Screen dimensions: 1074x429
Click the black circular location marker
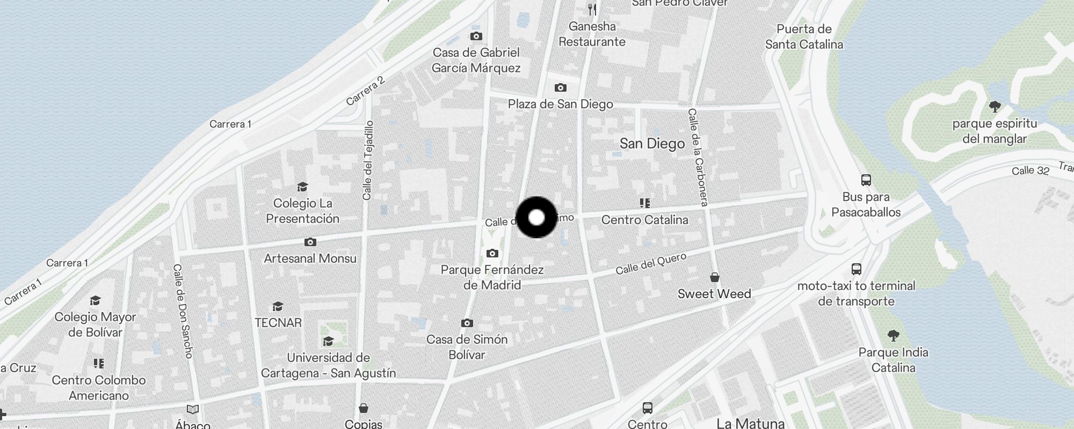coord(536,217)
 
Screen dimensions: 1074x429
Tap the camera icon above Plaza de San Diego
coord(560,87)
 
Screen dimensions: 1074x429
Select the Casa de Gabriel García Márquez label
coord(476,60)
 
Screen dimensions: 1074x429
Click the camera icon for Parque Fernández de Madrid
coord(492,253)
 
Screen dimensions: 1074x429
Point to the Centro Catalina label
coord(644,220)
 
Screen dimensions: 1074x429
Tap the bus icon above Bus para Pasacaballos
coord(866,180)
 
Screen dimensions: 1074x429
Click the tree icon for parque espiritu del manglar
coord(995,107)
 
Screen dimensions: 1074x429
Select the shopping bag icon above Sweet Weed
coord(714,277)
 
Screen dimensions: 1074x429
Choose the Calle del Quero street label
coord(651,264)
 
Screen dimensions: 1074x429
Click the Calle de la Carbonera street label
coord(698,157)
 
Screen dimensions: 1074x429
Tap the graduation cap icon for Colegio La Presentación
coord(302,187)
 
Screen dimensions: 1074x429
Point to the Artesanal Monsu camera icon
coord(310,242)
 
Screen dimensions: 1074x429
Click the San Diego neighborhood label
coord(652,144)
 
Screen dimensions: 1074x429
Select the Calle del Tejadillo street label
coord(368,160)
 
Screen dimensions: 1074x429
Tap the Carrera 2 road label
coord(366,91)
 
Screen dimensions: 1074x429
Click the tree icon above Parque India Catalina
coord(893,336)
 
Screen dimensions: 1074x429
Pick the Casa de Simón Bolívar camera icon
coord(467,323)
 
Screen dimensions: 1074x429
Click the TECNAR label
coord(278,323)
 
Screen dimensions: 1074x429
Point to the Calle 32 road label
coord(1030,171)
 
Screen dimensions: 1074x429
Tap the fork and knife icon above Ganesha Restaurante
coord(592,10)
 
